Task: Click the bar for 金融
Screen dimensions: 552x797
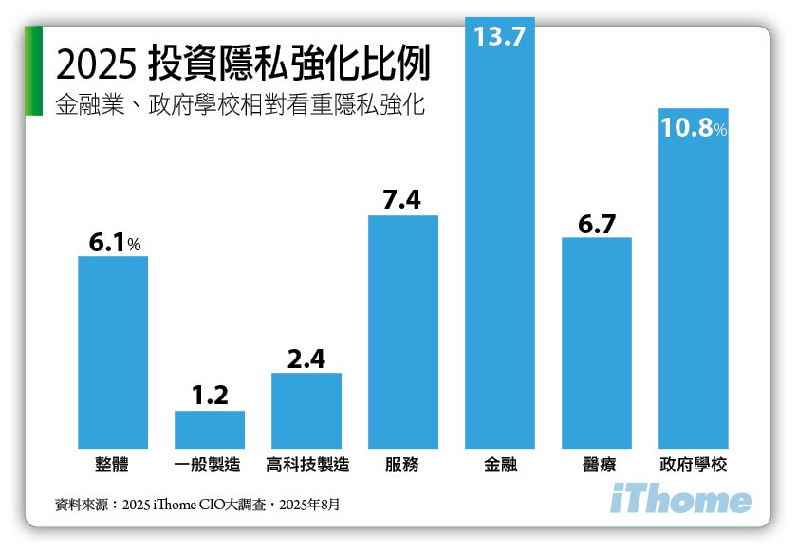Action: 500,247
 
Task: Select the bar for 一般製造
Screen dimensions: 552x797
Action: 210,429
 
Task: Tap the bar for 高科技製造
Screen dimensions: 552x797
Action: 306,410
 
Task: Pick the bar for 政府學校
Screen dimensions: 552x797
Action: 694,285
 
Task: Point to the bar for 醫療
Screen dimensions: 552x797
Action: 597,342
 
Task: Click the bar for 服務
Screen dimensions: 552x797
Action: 403,331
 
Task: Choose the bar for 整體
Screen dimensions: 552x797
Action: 113,352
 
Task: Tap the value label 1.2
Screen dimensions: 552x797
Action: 210,395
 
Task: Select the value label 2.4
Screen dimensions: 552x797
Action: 306,359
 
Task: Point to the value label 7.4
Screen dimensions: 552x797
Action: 402,200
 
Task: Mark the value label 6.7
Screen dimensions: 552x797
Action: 597,224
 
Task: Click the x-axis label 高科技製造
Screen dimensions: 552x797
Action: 306,466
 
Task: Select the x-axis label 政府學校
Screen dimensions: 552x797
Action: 694,466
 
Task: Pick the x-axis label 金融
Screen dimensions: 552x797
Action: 500,466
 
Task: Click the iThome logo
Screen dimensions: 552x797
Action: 680,500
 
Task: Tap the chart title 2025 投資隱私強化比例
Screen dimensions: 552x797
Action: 243,64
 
